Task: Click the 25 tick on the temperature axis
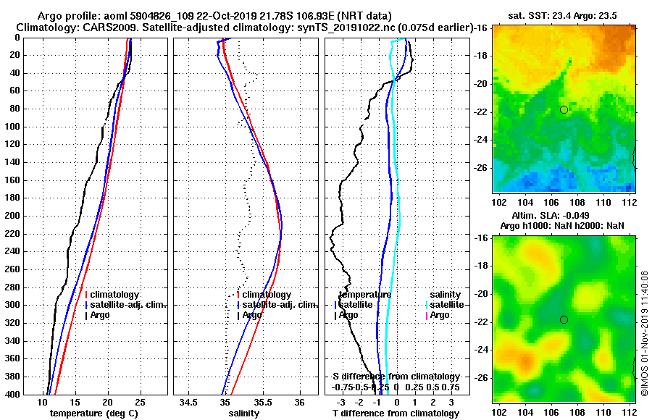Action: click(x=140, y=402)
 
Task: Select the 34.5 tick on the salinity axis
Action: click(x=190, y=402)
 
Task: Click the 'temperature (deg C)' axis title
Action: click(x=93, y=413)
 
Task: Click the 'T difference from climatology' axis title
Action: click(x=396, y=413)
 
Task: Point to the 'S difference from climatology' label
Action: click(x=396, y=377)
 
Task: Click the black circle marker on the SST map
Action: click(x=564, y=109)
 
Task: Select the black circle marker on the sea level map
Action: click(x=564, y=319)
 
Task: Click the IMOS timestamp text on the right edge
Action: click(x=644, y=335)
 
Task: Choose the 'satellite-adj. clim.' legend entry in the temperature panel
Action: click(x=129, y=305)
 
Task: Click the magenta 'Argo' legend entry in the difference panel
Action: click(x=440, y=315)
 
